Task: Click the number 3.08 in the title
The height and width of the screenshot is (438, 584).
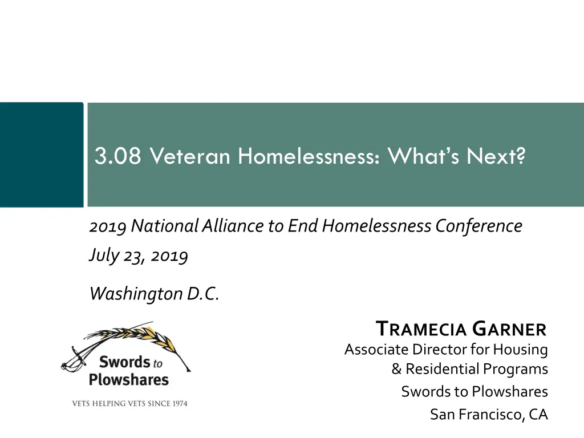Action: (118, 156)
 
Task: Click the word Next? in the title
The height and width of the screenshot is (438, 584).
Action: (495, 156)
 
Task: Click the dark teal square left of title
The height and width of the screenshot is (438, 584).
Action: (41, 155)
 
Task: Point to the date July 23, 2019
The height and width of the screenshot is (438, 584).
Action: (139, 255)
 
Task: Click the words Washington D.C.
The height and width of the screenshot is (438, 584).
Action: (154, 294)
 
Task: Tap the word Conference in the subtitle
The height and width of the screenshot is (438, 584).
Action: (478, 226)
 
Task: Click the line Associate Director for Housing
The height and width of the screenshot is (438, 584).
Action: (446, 349)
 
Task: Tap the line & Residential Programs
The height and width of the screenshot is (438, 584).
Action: (469, 369)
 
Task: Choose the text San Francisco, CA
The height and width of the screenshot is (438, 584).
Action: (489, 414)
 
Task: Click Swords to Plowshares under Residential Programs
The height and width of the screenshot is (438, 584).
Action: (474, 392)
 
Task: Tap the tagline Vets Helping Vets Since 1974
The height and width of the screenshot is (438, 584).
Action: (129, 404)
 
